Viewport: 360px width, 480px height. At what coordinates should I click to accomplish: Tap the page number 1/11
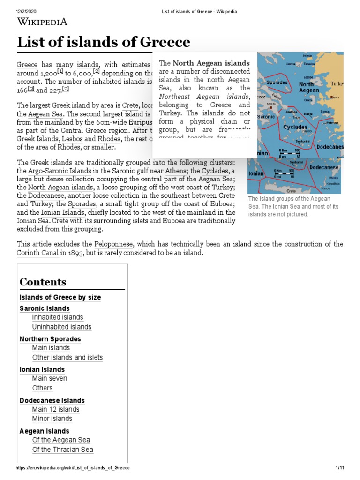pyautogui.click(x=340, y=468)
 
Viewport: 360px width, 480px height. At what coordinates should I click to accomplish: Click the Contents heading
pyautogui.click(x=43, y=282)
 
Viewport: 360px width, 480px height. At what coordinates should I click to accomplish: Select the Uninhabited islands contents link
pyautogui.click(x=61, y=327)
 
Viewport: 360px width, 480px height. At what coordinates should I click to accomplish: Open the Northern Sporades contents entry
pyautogui.click(x=50, y=339)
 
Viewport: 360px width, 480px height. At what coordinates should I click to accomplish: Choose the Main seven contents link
pyautogui.click(x=49, y=378)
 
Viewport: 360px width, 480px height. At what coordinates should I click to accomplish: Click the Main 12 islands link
pyautogui.click(x=55, y=409)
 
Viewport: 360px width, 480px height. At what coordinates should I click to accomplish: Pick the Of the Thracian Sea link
pyautogui.click(x=62, y=450)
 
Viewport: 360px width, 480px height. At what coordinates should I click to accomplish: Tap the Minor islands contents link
pyautogui.click(x=52, y=419)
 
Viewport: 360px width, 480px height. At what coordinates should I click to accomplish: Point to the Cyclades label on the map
pyautogui.click(x=295, y=127)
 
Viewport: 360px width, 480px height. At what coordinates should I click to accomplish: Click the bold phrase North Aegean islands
pyautogui.click(x=211, y=63)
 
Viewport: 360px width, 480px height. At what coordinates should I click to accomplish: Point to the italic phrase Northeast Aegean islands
pyautogui.click(x=204, y=96)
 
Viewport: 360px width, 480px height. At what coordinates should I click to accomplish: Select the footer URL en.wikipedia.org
pyautogui.click(x=73, y=468)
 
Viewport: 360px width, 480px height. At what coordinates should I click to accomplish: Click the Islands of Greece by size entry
pyautogui.click(x=60, y=297)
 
